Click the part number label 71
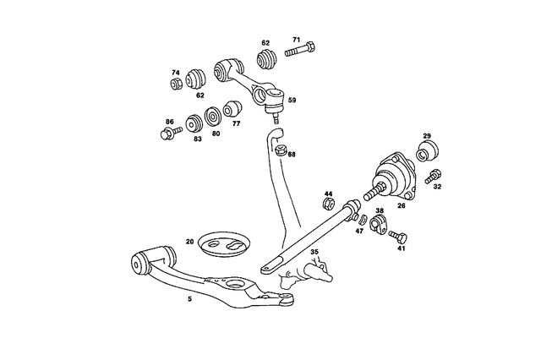click(297, 40)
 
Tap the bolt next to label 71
click(300, 52)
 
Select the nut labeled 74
click(176, 84)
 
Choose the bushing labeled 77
click(232, 110)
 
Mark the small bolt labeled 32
click(434, 177)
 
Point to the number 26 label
click(402, 205)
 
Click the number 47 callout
click(359, 230)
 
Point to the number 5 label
click(190, 299)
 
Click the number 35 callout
click(314, 252)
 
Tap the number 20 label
click(189, 242)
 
